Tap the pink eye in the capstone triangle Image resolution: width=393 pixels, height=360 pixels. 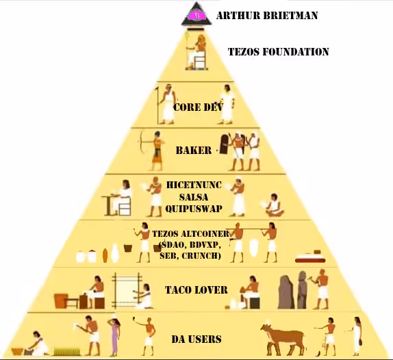point(197,15)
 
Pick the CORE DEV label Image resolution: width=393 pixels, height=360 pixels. point(198,107)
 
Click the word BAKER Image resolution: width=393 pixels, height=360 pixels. point(194,151)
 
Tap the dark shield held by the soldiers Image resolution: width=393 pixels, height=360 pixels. point(225,144)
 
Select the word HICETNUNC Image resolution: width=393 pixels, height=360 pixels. point(194,185)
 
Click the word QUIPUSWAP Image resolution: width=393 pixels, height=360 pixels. point(194,209)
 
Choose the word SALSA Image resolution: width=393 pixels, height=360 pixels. point(194,197)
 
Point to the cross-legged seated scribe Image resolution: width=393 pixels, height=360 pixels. point(274,205)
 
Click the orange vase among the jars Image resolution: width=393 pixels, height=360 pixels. point(105,255)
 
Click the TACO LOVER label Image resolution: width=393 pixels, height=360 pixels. point(196,290)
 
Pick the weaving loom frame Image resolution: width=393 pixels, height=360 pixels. point(127,290)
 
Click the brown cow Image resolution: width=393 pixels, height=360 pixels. point(283,339)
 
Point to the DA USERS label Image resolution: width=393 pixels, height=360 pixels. point(196,339)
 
